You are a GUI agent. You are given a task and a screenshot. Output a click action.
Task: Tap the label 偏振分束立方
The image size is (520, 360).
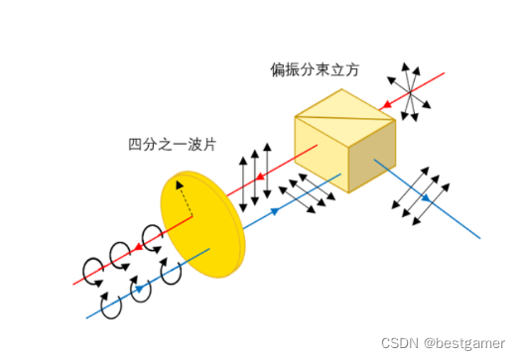[x=316, y=70]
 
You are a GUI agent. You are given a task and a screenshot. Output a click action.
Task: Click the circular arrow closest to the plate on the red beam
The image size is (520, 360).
[x=152, y=238]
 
